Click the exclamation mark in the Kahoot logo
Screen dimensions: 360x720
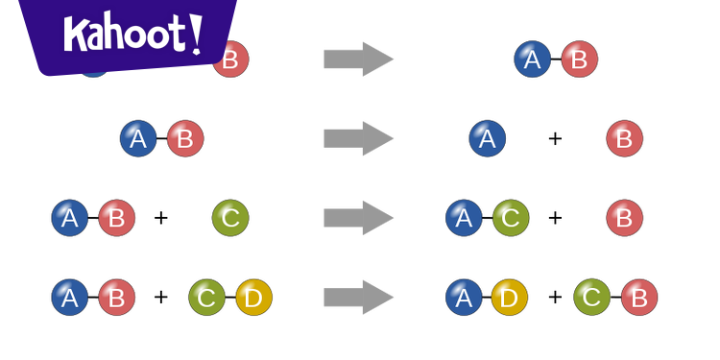pos(196,34)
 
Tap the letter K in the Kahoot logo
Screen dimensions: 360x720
pos(77,36)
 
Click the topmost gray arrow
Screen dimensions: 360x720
pos(358,60)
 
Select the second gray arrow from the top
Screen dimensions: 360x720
pos(358,139)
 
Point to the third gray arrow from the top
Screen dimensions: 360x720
pos(358,219)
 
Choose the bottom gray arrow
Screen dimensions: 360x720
pos(358,298)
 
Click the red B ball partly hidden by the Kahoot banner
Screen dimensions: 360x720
pos(231,61)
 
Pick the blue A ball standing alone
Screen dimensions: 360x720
pos(487,138)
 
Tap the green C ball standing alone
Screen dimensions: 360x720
pos(230,218)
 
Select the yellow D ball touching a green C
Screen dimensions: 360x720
pos(253,298)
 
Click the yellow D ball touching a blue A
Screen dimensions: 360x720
pos(509,298)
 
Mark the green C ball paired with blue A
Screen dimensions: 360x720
pos(511,218)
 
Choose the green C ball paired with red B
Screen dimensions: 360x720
pos(592,298)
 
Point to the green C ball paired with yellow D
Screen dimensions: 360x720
pos(206,298)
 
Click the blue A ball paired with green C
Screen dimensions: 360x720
pos(464,218)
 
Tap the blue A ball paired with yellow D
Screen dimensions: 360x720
pos(464,298)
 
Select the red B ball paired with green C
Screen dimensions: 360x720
pos(639,298)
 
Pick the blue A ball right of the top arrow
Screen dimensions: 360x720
pos(533,60)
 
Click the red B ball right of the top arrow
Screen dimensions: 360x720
pos(580,60)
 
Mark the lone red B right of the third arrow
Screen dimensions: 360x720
pos(625,218)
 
